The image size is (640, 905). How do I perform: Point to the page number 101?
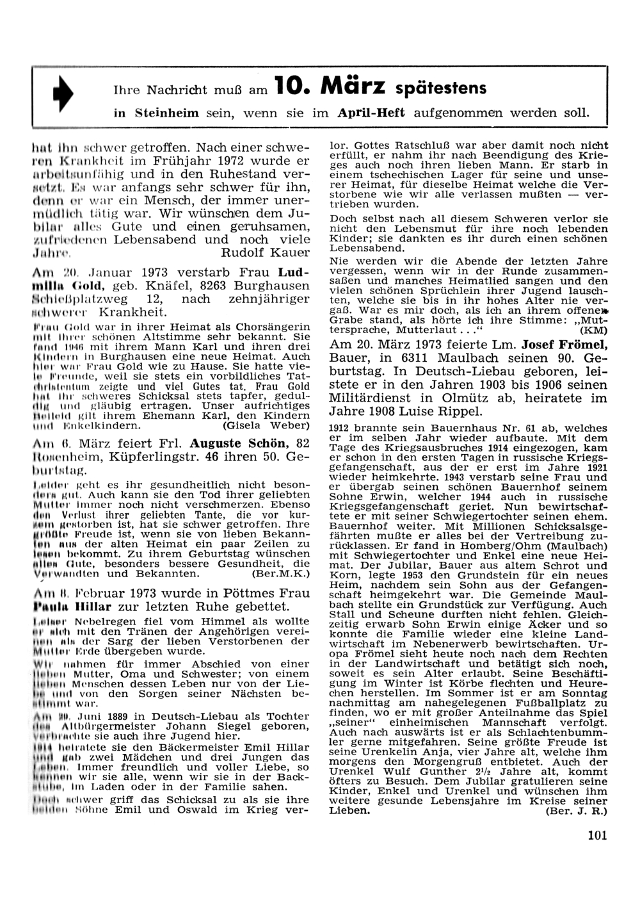596,835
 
